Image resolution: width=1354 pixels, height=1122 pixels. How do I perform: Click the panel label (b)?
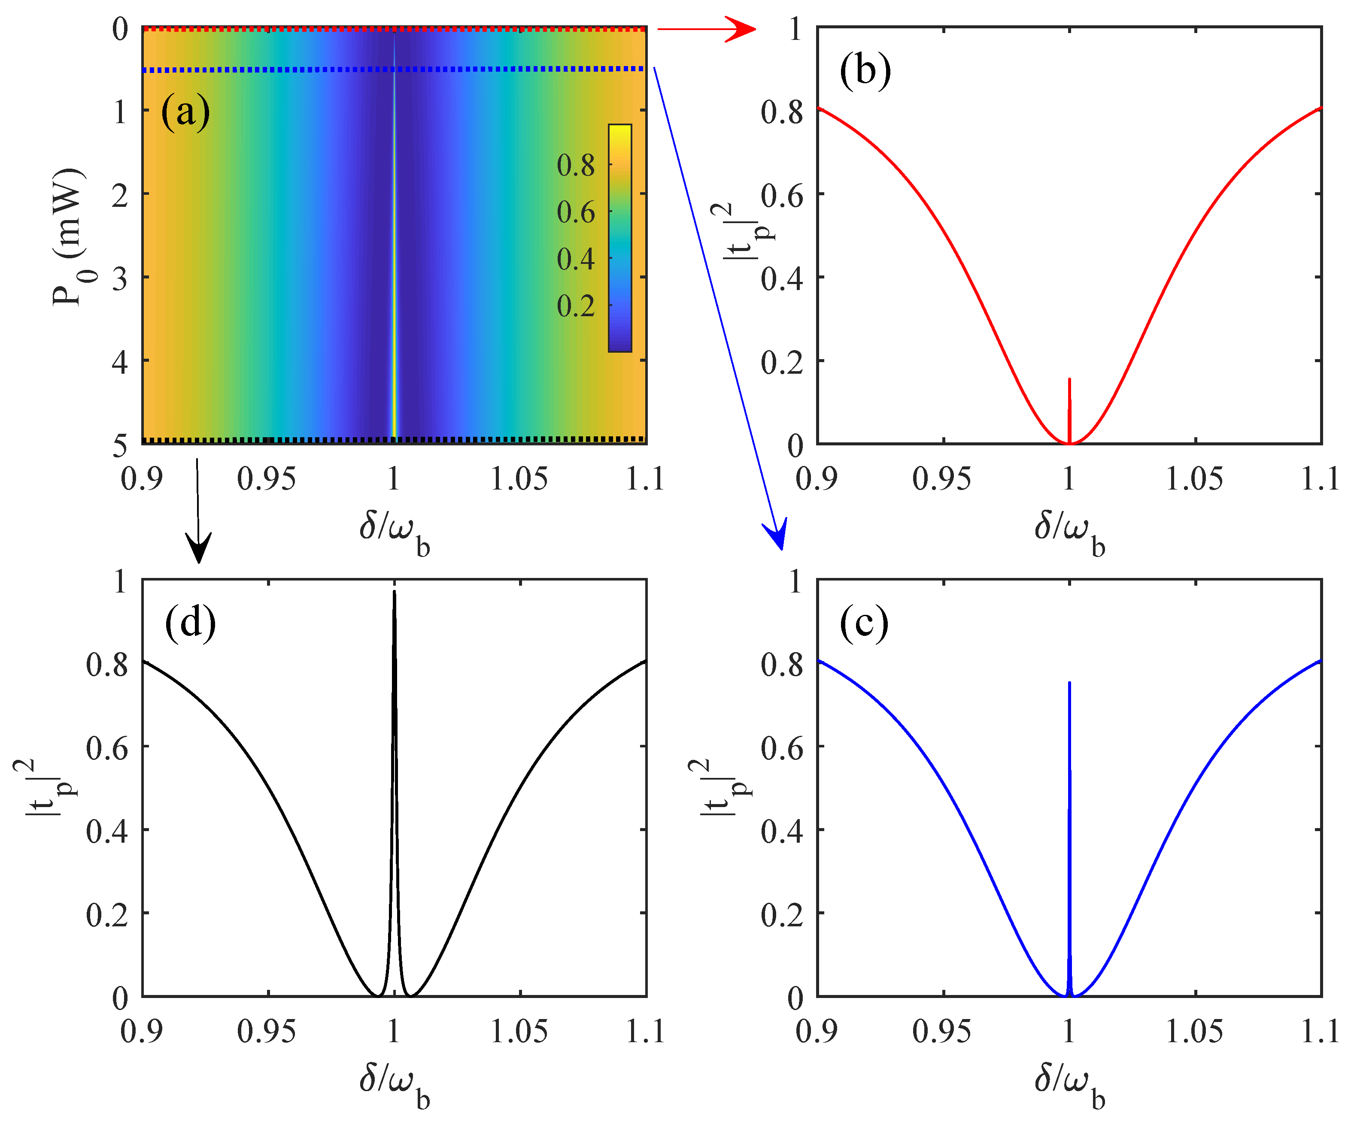[x=865, y=70]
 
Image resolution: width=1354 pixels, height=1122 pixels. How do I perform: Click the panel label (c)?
[x=864, y=623]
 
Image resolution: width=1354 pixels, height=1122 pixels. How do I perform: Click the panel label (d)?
[x=190, y=623]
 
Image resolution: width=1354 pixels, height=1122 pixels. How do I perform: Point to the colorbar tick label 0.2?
[x=575, y=306]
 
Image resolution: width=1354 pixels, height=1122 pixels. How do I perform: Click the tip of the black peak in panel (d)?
[x=394, y=592]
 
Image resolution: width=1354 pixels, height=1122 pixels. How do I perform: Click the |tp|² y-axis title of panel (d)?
[x=45, y=787]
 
